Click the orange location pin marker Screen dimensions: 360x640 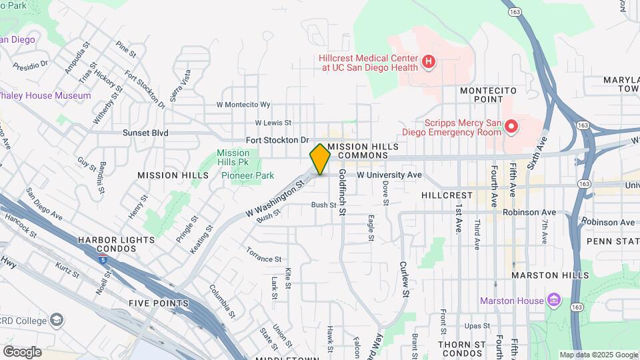[320, 159]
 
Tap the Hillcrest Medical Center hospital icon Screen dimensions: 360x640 [429, 63]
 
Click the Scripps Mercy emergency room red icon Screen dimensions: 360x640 [511, 125]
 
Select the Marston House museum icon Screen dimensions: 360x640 [554, 301]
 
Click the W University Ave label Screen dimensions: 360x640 [389, 175]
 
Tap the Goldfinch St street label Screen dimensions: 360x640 [342, 192]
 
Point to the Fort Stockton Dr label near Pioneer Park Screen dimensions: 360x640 [278, 140]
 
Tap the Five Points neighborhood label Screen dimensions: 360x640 [159, 303]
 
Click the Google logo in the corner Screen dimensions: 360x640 [22, 352]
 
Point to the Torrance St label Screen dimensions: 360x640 [264, 258]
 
